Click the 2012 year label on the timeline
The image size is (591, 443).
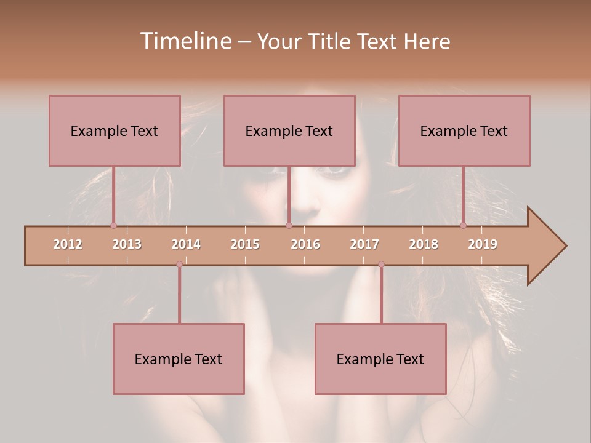pyautogui.click(x=68, y=244)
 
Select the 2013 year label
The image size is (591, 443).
pyautogui.click(x=127, y=244)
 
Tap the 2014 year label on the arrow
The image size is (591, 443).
pyautogui.click(x=186, y=244)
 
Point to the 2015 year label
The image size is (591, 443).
pyautogui.click(x=245, y=244)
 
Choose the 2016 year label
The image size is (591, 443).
pyautogui.click(x=305, y=244)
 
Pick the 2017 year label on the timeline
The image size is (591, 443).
pyautogui.click(x=364, y=244)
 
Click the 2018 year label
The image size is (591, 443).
pyautogui.click(x=424, y=244)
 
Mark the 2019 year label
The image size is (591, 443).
pyautogui.click(x=483, y=244)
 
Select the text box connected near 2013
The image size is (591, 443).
pyautogui.click(x=115, y=130)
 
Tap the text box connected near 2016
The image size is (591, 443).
pyautogui.click(x=289, y=130)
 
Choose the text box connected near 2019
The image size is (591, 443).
pyautogui.click(x=464, y=130)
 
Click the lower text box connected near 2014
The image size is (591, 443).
pyautogui.click(x=179, y=359)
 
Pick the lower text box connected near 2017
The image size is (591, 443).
pyautogui.click(x=380, y=359)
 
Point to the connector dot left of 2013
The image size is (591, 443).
pyautogui.click(x=113, y=225)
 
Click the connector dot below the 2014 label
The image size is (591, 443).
pyautogui.click(x=179, y=264)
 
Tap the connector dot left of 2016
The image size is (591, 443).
pyautogui.click(x=289, y=225)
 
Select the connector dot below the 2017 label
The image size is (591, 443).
pyautogui.click(x=381, y=264)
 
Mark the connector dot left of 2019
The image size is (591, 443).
pyautogui.click(x=463, y=225)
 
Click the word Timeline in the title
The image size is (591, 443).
pyautogui.click(x=185, y=41)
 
